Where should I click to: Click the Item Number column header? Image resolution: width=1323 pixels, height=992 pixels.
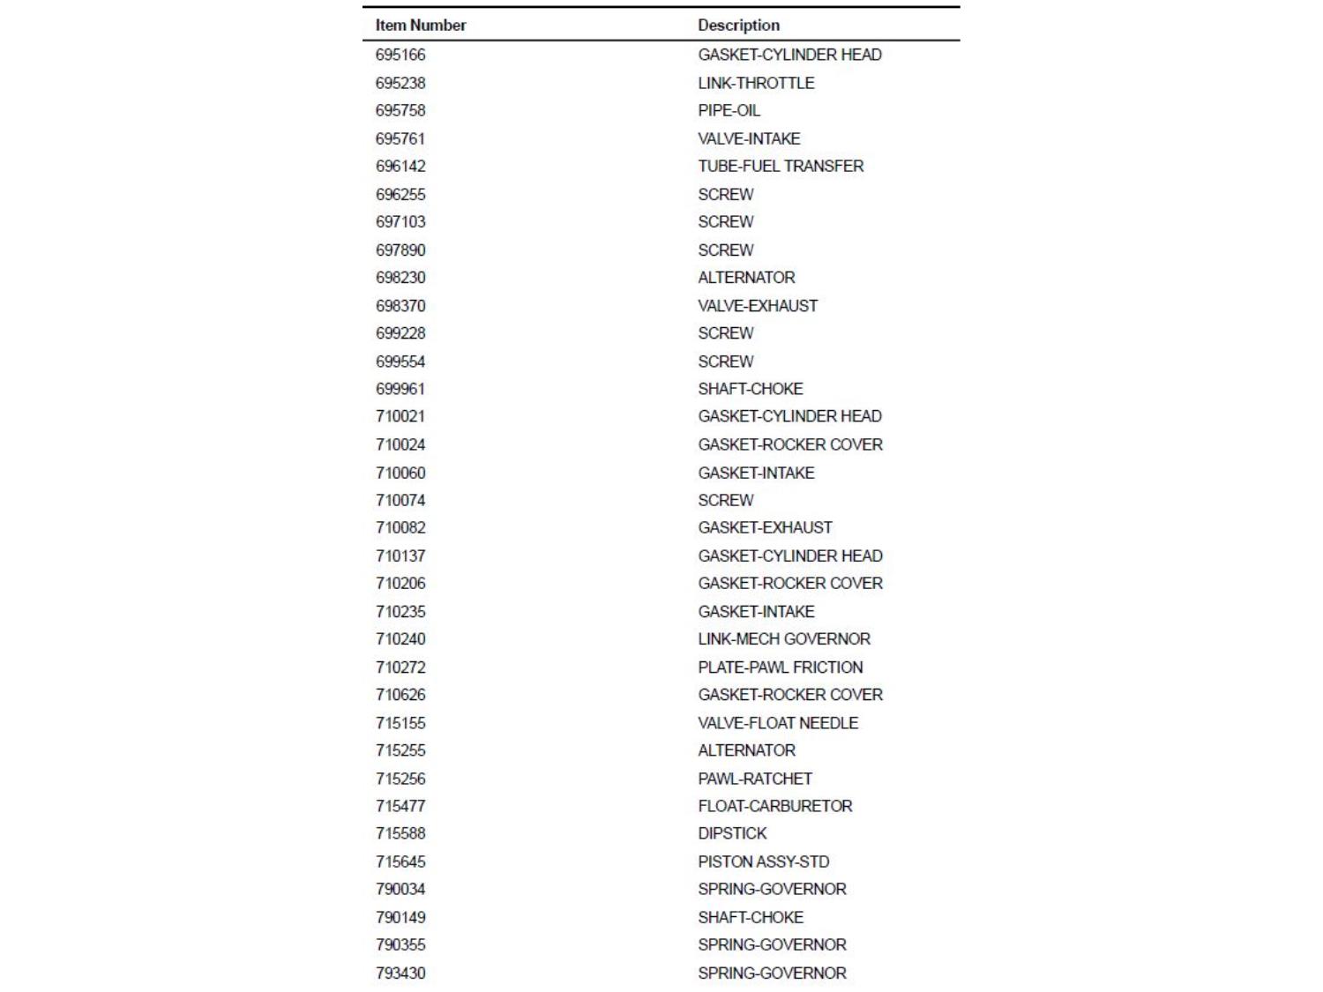tap(421, 26)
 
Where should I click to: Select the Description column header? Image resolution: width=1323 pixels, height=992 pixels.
tap(738, 26)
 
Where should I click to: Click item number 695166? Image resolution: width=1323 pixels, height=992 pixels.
tap(400, 55)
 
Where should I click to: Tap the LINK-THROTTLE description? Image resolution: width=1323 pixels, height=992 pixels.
tap(756, 83)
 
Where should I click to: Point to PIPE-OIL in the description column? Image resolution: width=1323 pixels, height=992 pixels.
tap(729, 110)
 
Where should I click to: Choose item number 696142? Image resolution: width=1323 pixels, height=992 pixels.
tap(400, 166)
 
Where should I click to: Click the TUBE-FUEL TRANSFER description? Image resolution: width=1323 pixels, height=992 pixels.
tap(781, 166)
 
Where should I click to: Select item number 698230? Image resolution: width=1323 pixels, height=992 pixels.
tap(400, 277)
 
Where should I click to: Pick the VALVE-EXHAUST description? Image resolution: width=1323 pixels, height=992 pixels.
tap(758, 305)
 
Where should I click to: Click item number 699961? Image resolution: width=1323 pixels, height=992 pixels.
tap(400, 388)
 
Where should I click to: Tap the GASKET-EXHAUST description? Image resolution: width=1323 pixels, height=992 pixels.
tap(765, 527)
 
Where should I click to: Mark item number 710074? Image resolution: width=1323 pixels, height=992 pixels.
tap(400, 500)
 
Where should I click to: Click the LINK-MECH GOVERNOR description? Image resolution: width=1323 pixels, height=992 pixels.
tap(784, 638)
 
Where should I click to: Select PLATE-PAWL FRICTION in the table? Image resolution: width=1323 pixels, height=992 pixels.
tap(781, 667)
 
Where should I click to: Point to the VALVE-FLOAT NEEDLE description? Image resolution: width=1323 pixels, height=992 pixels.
tap(778, 722)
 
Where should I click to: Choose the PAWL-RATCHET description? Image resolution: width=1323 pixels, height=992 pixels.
tap(755, 778)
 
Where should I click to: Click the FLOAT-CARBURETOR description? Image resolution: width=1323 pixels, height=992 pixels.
tap(775, 805)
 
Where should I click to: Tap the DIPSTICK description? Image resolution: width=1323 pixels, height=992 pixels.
tap(732, 833)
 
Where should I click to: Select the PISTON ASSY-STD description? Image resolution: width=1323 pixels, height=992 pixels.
tap(764, 861)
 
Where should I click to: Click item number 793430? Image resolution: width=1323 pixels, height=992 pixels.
tap(400, 973)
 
